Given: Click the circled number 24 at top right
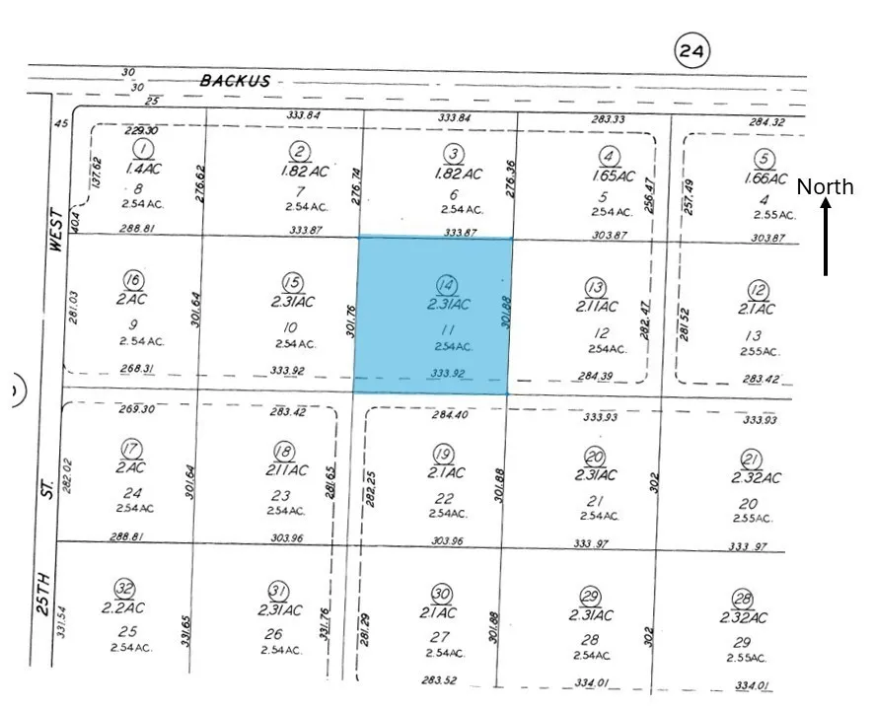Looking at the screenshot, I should point(693,50).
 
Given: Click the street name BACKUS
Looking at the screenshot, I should point(235,81).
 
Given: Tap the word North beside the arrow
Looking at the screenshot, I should point(825,187).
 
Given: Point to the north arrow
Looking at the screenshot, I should point(826,237).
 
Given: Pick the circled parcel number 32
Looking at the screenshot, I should point(124,590).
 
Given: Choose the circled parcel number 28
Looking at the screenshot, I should point(744,600).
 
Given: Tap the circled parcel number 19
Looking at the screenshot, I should point(443,453).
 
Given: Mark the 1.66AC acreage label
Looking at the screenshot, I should point(765,178).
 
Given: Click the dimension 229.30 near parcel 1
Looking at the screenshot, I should point(141,130).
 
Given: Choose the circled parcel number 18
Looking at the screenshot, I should point(284,452).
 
